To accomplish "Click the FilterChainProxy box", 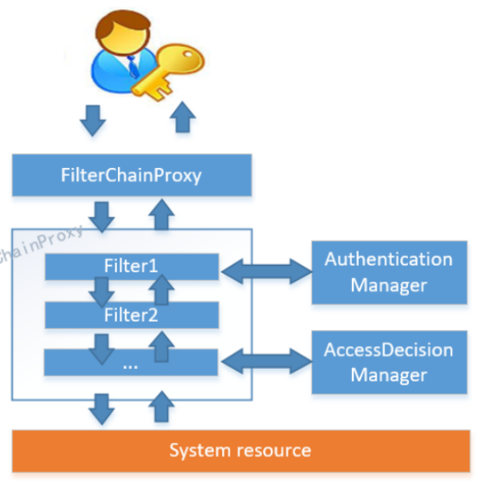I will coord(131,176).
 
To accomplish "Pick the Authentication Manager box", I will coord(389,271).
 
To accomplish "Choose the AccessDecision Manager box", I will coord(389,361).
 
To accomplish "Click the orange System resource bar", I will coord(240,450).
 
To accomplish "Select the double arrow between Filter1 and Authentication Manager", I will coord(266,271).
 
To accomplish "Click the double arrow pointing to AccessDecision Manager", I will coord(266,361).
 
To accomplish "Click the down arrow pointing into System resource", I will coord(103,408).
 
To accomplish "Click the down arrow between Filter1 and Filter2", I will coord(103,292).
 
